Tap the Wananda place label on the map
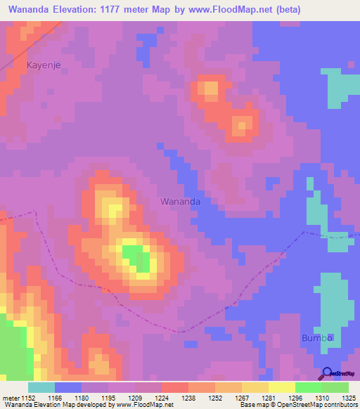pos(181,201)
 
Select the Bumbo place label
pos(316,338)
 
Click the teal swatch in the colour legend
pos(41,387)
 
